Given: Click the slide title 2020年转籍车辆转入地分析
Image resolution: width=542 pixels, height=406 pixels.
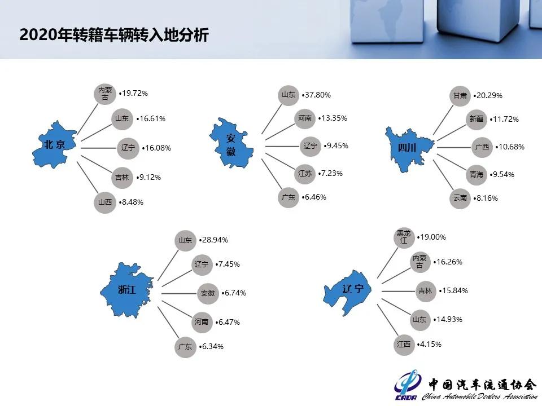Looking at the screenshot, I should coord(114,35).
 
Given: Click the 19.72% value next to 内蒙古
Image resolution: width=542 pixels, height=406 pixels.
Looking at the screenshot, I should coord(135,93).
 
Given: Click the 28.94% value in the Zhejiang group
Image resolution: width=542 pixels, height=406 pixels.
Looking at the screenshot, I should coord(215,240).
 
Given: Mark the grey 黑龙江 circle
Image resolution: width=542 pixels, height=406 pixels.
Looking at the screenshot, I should coord(404,237).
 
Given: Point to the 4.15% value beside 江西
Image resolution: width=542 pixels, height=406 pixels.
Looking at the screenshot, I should coord(430,344).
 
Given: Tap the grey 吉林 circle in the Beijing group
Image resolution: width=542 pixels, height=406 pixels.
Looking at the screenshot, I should coord(121,177).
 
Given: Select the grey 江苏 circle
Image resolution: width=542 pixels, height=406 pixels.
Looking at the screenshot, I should coord(304,174).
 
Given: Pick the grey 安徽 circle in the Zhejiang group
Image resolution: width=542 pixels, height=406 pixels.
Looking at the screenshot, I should coord(208,293).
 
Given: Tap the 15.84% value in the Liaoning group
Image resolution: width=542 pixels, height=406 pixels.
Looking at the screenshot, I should coord(454,291).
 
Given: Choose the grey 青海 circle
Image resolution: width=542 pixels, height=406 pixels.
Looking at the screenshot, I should coord(477,175).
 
